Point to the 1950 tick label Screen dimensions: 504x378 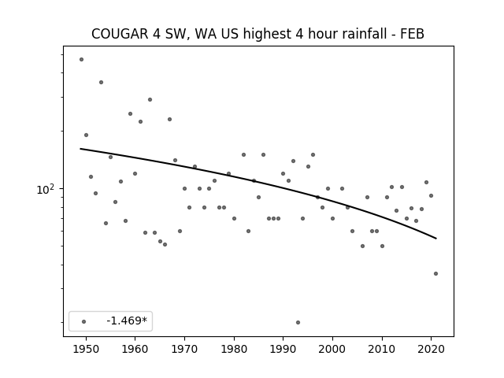coord(86,349)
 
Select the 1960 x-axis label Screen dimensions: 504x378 coord(135,349)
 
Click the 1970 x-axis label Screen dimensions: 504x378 coord(184,349)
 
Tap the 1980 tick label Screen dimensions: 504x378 coord(234,349)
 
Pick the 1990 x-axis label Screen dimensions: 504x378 coord(283,349)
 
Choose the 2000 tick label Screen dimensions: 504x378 coord(332,349)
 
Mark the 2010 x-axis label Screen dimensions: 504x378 coord(382,349)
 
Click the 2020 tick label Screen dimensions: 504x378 coord(431,349)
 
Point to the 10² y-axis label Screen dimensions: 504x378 coord(46,189)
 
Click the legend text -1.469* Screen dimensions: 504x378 coord(127,321)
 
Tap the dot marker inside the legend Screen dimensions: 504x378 coord(84,321)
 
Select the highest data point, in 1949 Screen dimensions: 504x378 coord(81,60)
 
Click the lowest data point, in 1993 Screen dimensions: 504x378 coord(298,322)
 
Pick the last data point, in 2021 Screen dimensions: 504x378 coord(435,273)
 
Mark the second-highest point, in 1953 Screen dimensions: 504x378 coord(102,82)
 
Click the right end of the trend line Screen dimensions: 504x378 coord(436,239)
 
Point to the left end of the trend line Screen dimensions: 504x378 coord(80,149)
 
